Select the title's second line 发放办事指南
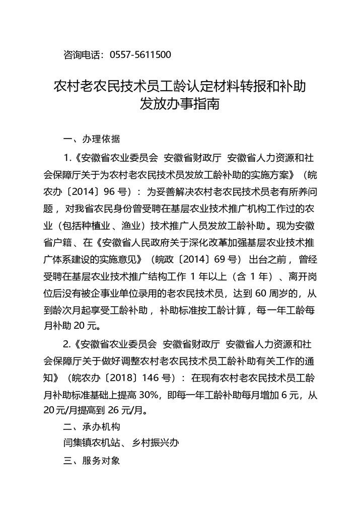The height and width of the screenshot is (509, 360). [x=180, y=105]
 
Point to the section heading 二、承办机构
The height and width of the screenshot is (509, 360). [x=91, y=427]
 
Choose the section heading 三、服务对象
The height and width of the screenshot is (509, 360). [x=91, y=460]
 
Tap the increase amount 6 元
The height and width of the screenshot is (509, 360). [x=289, y=394]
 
